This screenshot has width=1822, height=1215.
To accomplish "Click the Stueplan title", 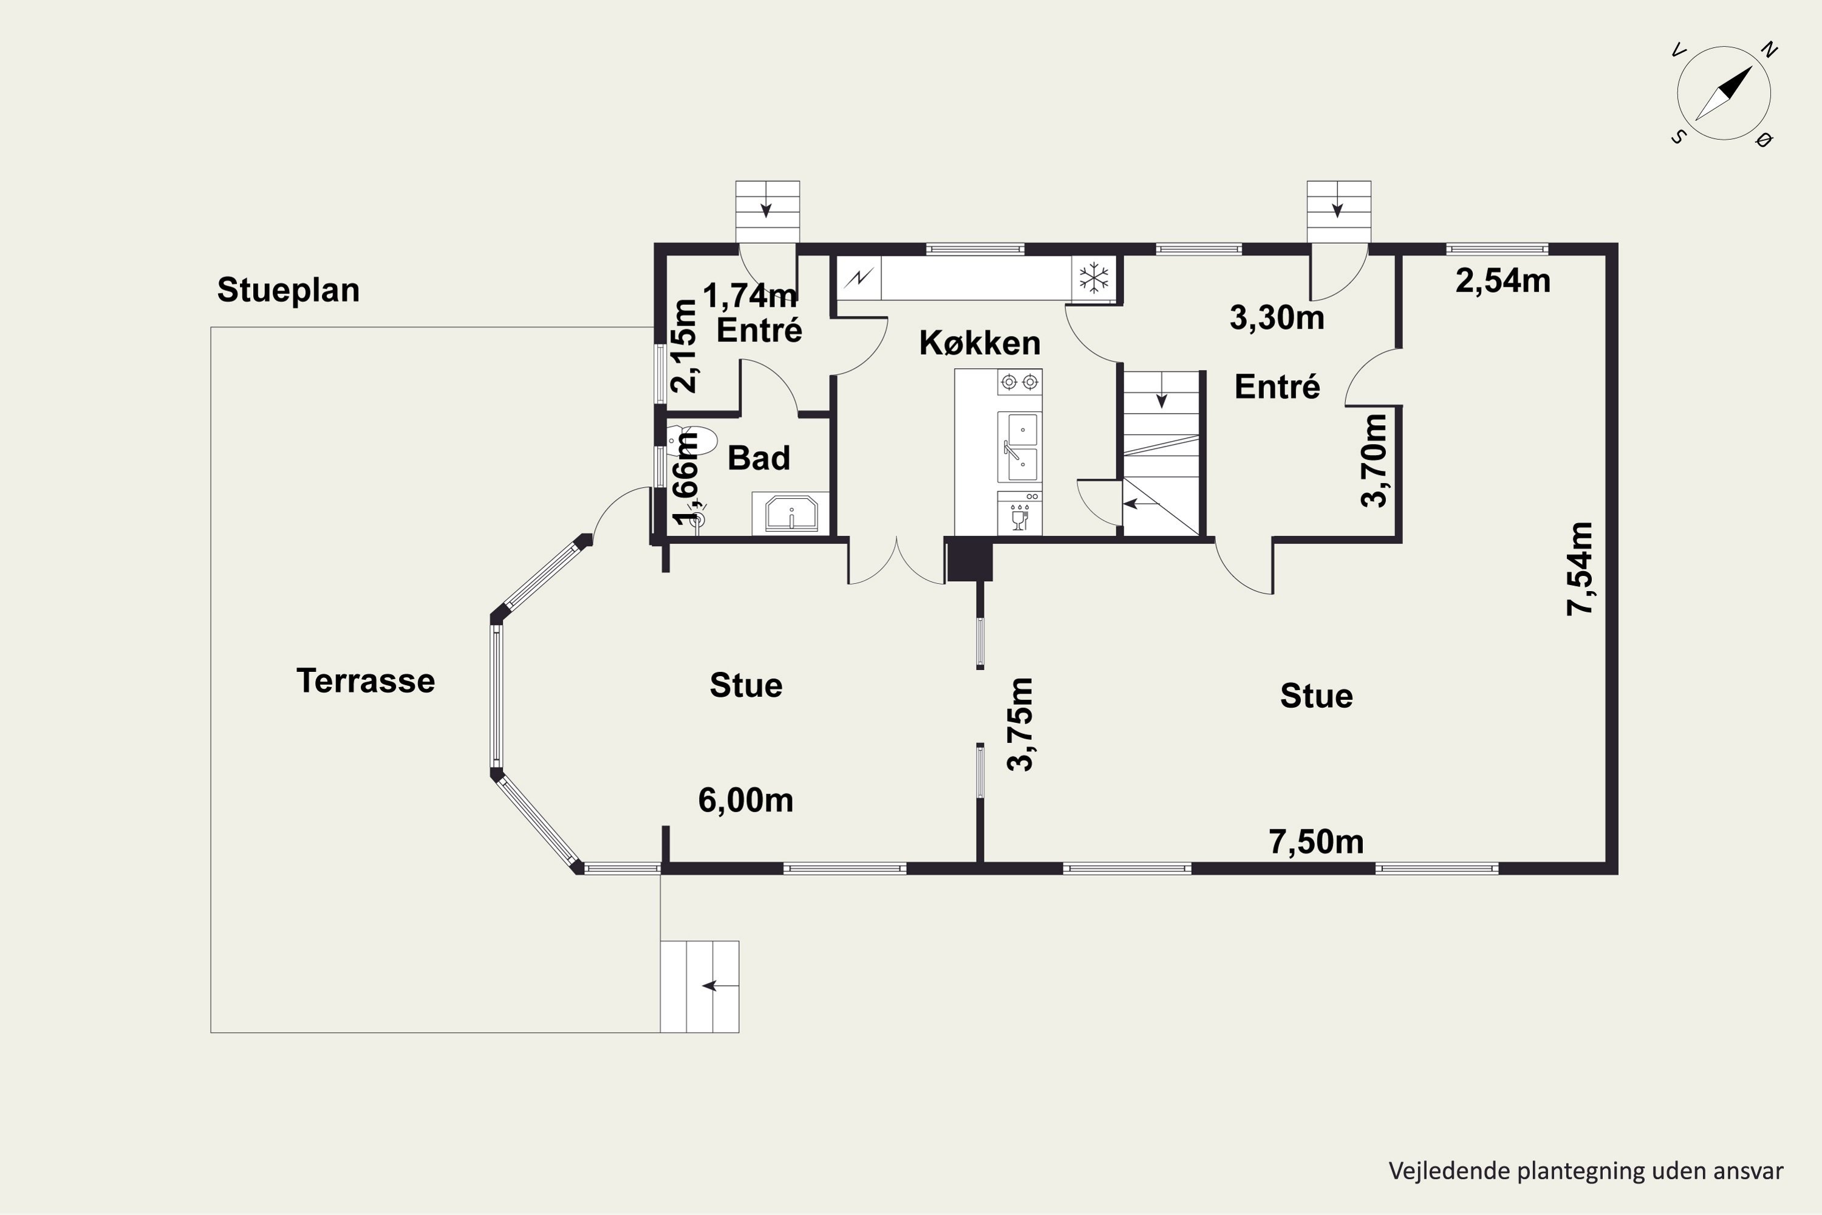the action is tap(288, 290).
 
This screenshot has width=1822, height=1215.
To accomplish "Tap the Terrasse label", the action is tap(366, 681).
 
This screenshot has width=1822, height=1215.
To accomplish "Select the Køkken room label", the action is tap(979, 343).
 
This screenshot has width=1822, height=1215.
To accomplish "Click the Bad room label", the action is tap(759, 458).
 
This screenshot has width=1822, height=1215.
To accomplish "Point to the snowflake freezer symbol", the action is tap(1094, 278).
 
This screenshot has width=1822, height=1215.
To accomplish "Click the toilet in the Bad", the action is tap(692, 440).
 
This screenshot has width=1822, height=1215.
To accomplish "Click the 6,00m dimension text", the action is tap(745, 801).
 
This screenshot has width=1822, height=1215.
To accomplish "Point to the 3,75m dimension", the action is tap(1020, 725).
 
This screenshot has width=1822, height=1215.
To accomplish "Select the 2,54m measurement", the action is tap(1503, 281).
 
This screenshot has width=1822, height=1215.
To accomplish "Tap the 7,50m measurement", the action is tap(1316, 841).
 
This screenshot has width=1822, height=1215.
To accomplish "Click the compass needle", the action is tap(1724, 93).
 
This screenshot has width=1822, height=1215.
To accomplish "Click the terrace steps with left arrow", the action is tap(700, 987).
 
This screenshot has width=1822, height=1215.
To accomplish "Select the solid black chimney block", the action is tap(970, 560).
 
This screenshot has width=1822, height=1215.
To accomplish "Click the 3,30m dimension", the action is tap(1277, 318).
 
